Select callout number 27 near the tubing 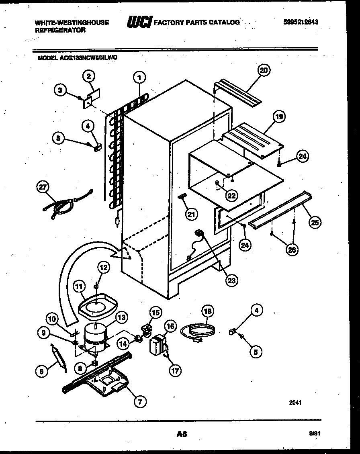[42, 186]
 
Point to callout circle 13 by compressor [121, 317]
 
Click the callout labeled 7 [139, 401]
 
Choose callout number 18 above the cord [208, 311]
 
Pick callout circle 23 [231, 280]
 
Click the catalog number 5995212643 [301, 22]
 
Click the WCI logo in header [138, 22]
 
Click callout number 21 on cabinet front [191, 215]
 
